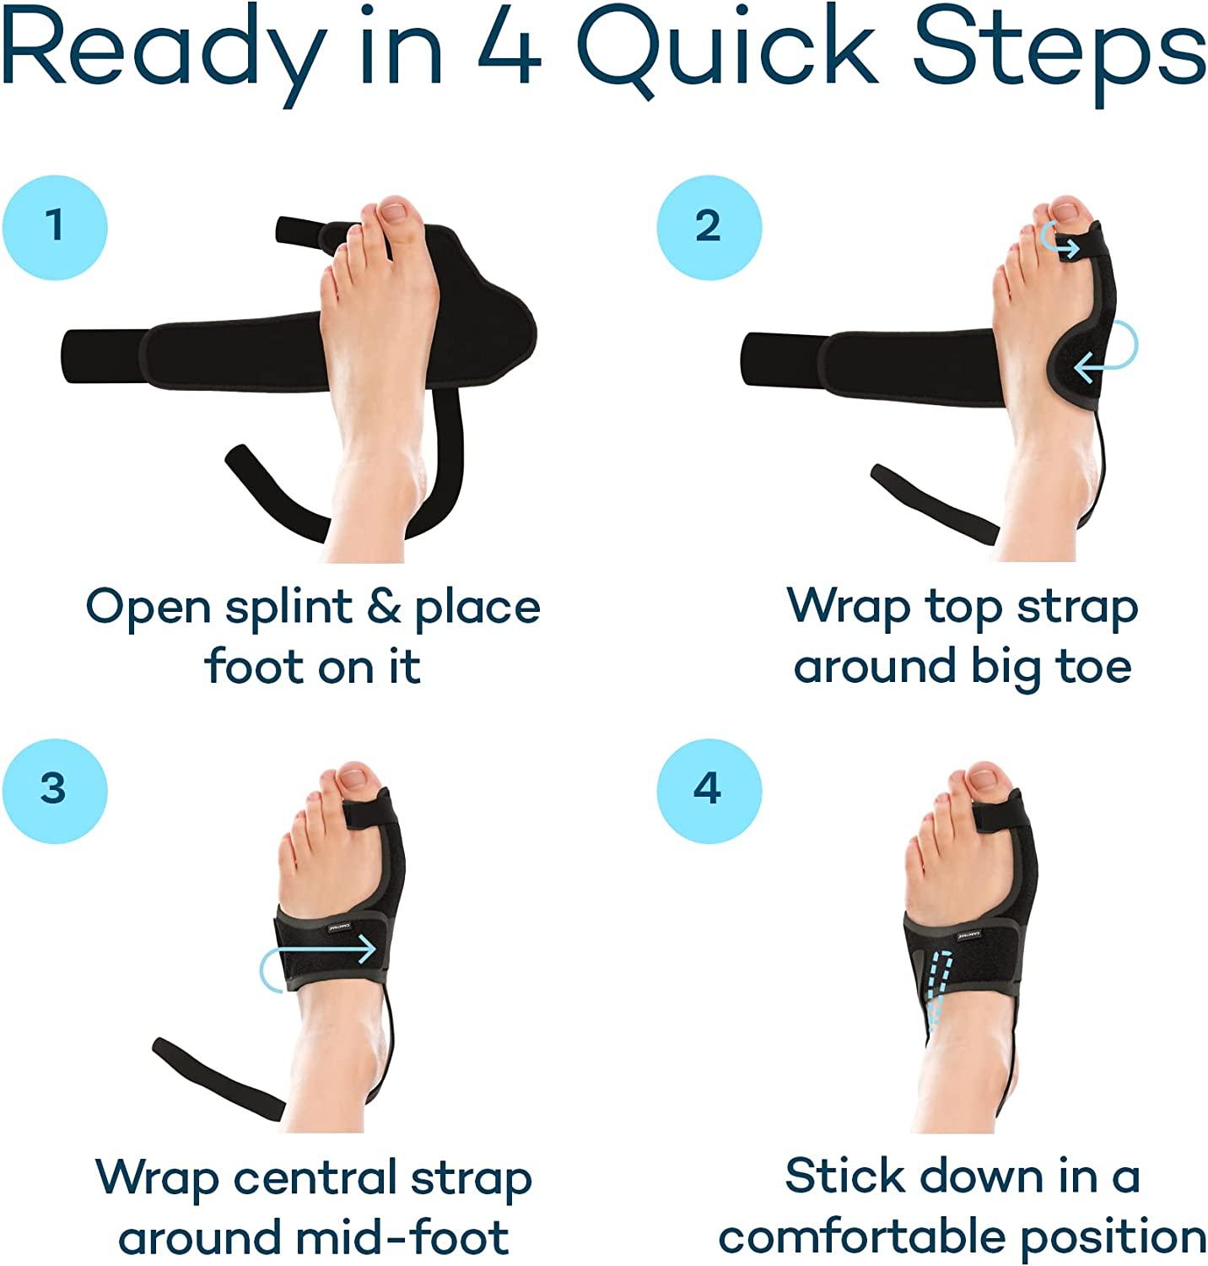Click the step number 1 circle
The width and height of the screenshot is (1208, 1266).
point(55,226)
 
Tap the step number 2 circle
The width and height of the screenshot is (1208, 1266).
point(709,226)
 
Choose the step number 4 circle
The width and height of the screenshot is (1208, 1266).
point(709,789)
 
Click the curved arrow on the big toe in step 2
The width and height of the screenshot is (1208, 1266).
point(1060,240)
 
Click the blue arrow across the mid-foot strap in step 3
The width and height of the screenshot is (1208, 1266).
point(321,958)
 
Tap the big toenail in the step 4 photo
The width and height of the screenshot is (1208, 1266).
point(984,776)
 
